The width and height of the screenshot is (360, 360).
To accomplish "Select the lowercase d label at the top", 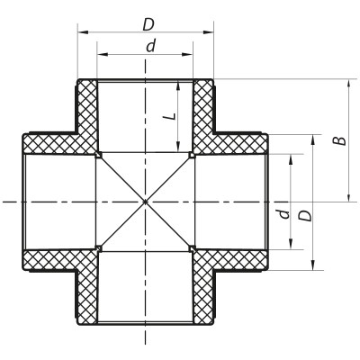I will pos(149,45).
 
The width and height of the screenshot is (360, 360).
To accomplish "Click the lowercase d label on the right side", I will pos(283,214).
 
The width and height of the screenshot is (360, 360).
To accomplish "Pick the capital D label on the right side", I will pos(306,216).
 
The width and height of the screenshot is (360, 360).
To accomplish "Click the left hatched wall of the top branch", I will pos(87,112).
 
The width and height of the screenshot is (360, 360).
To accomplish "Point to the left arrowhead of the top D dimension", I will pos(81,31).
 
